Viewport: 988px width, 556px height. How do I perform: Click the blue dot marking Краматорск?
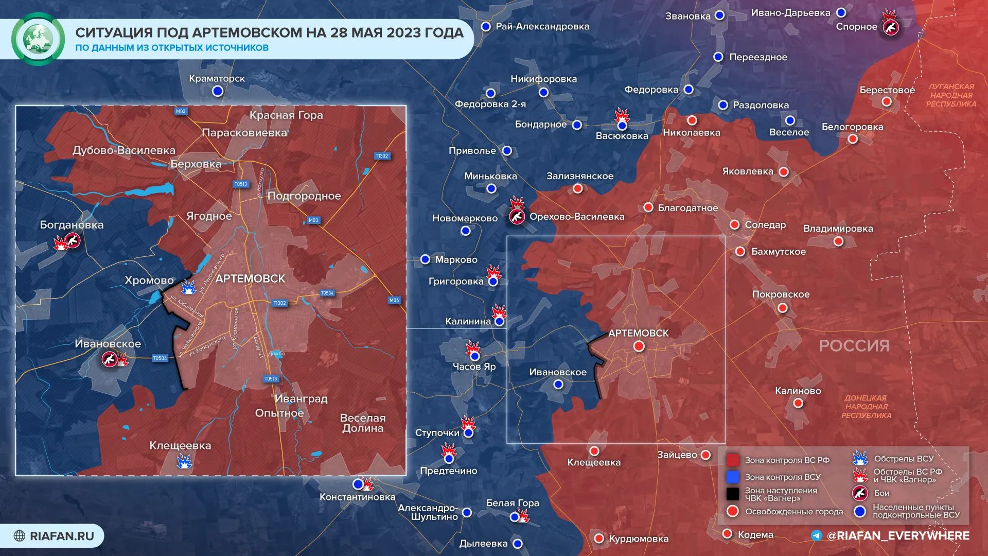point(218,91)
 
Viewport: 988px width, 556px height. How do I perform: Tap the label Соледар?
point(765,225)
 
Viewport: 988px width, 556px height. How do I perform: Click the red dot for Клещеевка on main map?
point(594,451)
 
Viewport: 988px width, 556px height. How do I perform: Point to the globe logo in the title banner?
point(38,39)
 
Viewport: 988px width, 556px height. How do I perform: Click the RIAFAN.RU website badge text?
point(62,536)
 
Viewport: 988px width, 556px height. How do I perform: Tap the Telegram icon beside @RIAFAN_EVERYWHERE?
point(817,535)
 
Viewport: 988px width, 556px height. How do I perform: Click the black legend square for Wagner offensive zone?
point(733,494)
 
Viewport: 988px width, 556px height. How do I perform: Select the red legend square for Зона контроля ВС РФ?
point(733,460)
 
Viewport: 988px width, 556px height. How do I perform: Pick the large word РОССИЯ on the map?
point(854,345)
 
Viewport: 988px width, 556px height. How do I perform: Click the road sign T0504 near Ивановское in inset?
point(160,358)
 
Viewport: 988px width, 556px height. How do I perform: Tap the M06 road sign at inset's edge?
point(394,300)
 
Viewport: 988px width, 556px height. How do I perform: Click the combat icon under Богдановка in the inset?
point(73,240)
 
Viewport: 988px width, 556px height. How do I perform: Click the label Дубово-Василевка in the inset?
point(124,150)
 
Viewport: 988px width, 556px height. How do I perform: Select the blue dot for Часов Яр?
point(475,356)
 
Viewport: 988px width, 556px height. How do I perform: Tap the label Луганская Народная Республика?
point(951,95)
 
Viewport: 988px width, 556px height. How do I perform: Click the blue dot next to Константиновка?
point(358,484)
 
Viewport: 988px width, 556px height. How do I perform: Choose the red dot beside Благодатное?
point(648,207)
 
